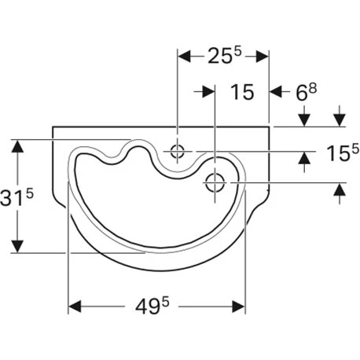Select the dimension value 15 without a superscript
pos(243,92)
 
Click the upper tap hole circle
pos(178,150)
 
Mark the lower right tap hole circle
pos(214,183)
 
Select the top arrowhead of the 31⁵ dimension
pos(15,146)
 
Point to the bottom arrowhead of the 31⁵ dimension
pos(15,247)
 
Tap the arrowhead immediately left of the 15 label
pos(208,92)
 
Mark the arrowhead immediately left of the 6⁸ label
pos(276,92)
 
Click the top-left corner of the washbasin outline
pos(53,127)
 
